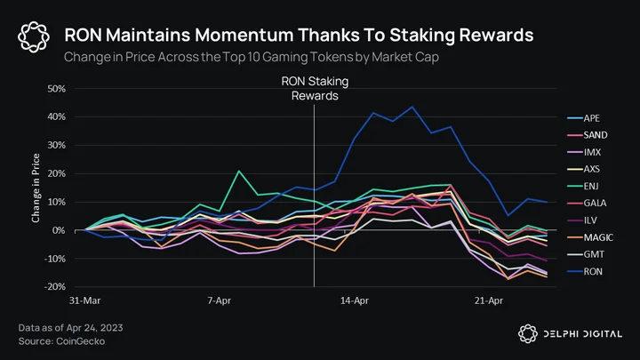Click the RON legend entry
click(585, 271)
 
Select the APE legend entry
click(584, 118)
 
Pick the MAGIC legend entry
click(590, 237)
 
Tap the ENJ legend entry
click(583, 187)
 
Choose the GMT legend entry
click(586, 254)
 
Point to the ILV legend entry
click(582, 220)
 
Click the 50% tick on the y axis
click(56, 89)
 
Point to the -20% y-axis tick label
click(55, 286)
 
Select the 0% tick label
click(59, 230)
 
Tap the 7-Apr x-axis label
click(220, 300)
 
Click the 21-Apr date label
click(489, 300)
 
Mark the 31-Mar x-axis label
click(85, 300)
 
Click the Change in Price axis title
click(36, 188)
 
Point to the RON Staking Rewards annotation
click(315, 89)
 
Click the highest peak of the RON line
click(412, 107)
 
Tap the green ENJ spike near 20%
click(239, 171)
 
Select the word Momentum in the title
click(243, 35)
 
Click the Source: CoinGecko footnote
click(61, 341)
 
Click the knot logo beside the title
click(34, 37)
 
